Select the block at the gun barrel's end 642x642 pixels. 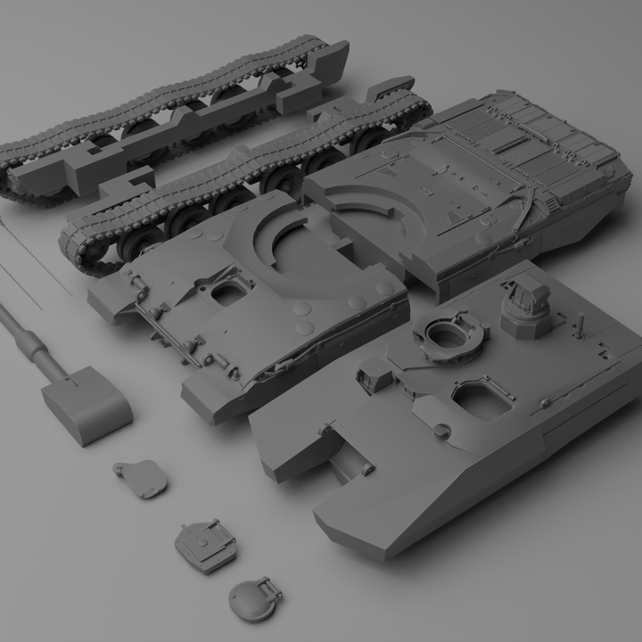point(86,406)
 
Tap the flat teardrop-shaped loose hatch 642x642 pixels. point(142,477)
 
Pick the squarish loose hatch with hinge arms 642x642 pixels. point(204,543)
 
